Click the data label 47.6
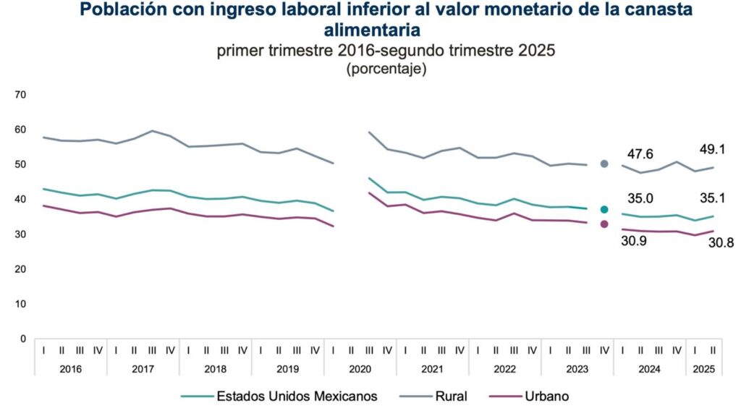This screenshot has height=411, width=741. [640, 154]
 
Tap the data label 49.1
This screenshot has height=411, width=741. [712, 150]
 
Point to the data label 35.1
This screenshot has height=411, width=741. [712, 196]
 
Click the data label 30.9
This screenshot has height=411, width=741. [633, 240]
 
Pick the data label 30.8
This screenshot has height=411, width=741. [721, 243]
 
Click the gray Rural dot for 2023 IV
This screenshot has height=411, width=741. [604, 164]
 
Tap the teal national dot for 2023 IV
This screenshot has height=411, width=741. [604, 209]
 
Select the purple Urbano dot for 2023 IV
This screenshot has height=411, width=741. [604, 224]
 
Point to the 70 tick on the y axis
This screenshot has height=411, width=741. [20, 95]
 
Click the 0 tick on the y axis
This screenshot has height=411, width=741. [23, 339]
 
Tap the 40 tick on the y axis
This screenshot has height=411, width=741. [20, 200]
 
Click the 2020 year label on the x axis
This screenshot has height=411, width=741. [360, 369]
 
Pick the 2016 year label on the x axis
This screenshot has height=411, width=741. [70, 369]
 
